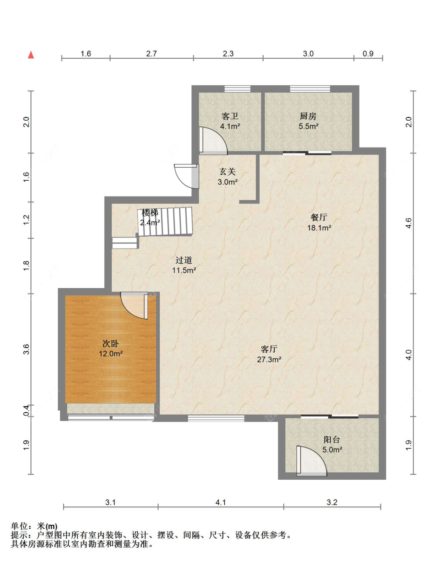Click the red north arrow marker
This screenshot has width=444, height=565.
point(31,55)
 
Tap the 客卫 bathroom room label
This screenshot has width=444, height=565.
point(230,116)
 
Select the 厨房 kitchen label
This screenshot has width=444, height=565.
point(308,116)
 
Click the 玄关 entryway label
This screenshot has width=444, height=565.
point(227,172)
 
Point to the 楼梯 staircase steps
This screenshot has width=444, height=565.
point(165,221)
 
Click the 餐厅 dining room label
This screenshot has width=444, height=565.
point(319,217)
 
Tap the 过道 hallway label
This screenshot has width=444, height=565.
point(184,260)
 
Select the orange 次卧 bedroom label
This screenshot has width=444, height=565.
point(111,344)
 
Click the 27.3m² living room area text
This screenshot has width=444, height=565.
point(269,359)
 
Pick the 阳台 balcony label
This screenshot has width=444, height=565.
point(332,440)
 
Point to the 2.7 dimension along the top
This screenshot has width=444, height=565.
point(152,54)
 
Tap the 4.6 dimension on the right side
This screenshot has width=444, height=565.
point(408,223)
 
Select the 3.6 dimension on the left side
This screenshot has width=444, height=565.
point(26,349)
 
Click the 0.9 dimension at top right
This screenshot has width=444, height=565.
point(368,54)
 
